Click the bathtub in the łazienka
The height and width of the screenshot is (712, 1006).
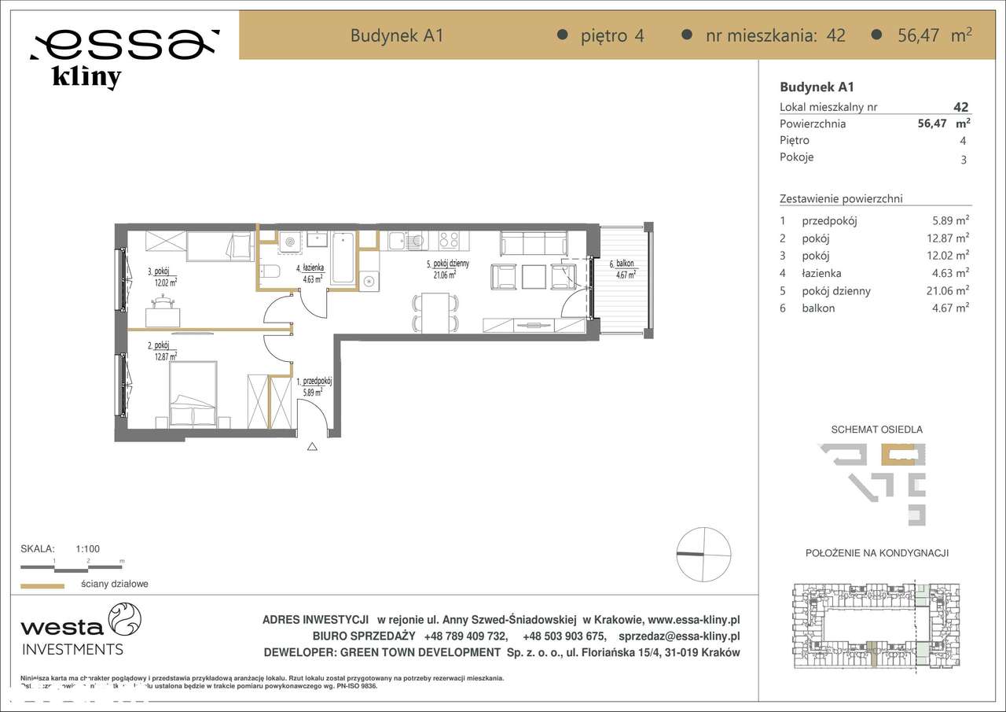(x=343, y=257)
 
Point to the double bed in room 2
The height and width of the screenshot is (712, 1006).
(x=193, y=394)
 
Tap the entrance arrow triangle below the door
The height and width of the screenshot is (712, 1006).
(x=312, y=448)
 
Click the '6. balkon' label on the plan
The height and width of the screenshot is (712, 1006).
(x=622, y=264)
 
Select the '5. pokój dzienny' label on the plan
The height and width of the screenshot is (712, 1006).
(x=448, y=264)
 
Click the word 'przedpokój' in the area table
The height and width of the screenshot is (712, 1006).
(x=829, y=221)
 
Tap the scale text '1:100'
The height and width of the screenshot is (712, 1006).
(x=87, y=549)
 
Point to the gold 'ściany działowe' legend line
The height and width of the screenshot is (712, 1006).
(x=42, y=585)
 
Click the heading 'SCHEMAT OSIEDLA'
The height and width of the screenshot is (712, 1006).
(x=876, y=430)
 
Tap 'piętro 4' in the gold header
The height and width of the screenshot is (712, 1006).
(x=611, y=35)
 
